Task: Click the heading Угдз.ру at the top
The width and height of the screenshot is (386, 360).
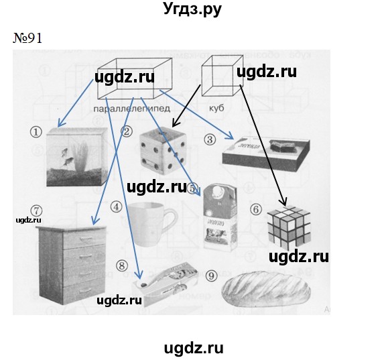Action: pos(192,10)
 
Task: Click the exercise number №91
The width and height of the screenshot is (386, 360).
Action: pos(27,38)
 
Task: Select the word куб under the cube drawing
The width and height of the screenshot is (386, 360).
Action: pos(216,107)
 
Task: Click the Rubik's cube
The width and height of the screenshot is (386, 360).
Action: pos(289,229)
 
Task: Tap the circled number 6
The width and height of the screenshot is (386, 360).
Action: pos(255,208)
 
